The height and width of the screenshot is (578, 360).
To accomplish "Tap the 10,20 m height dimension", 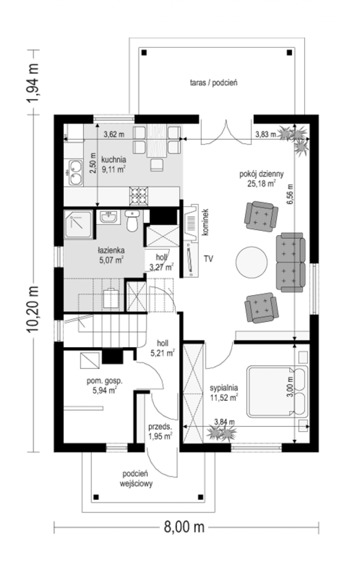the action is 33,309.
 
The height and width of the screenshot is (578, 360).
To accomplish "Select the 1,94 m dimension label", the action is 33,82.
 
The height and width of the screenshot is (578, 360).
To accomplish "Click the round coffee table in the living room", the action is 251,262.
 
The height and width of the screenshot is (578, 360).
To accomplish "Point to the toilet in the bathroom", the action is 132,221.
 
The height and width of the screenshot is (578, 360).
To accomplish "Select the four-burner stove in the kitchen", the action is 139,196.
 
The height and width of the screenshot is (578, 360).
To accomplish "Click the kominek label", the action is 206,222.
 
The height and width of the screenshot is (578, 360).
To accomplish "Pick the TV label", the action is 208,259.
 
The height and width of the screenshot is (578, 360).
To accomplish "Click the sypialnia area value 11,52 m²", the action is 224,398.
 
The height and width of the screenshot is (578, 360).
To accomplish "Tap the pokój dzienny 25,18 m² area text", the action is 261,179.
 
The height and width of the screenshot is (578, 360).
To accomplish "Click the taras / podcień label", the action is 214,83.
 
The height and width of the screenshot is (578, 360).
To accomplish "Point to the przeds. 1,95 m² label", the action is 160,431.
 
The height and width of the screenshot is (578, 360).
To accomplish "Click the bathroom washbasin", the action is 108,216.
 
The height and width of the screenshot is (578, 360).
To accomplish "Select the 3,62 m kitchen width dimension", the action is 114,134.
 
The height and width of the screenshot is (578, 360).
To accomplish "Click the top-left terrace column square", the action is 144,53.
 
